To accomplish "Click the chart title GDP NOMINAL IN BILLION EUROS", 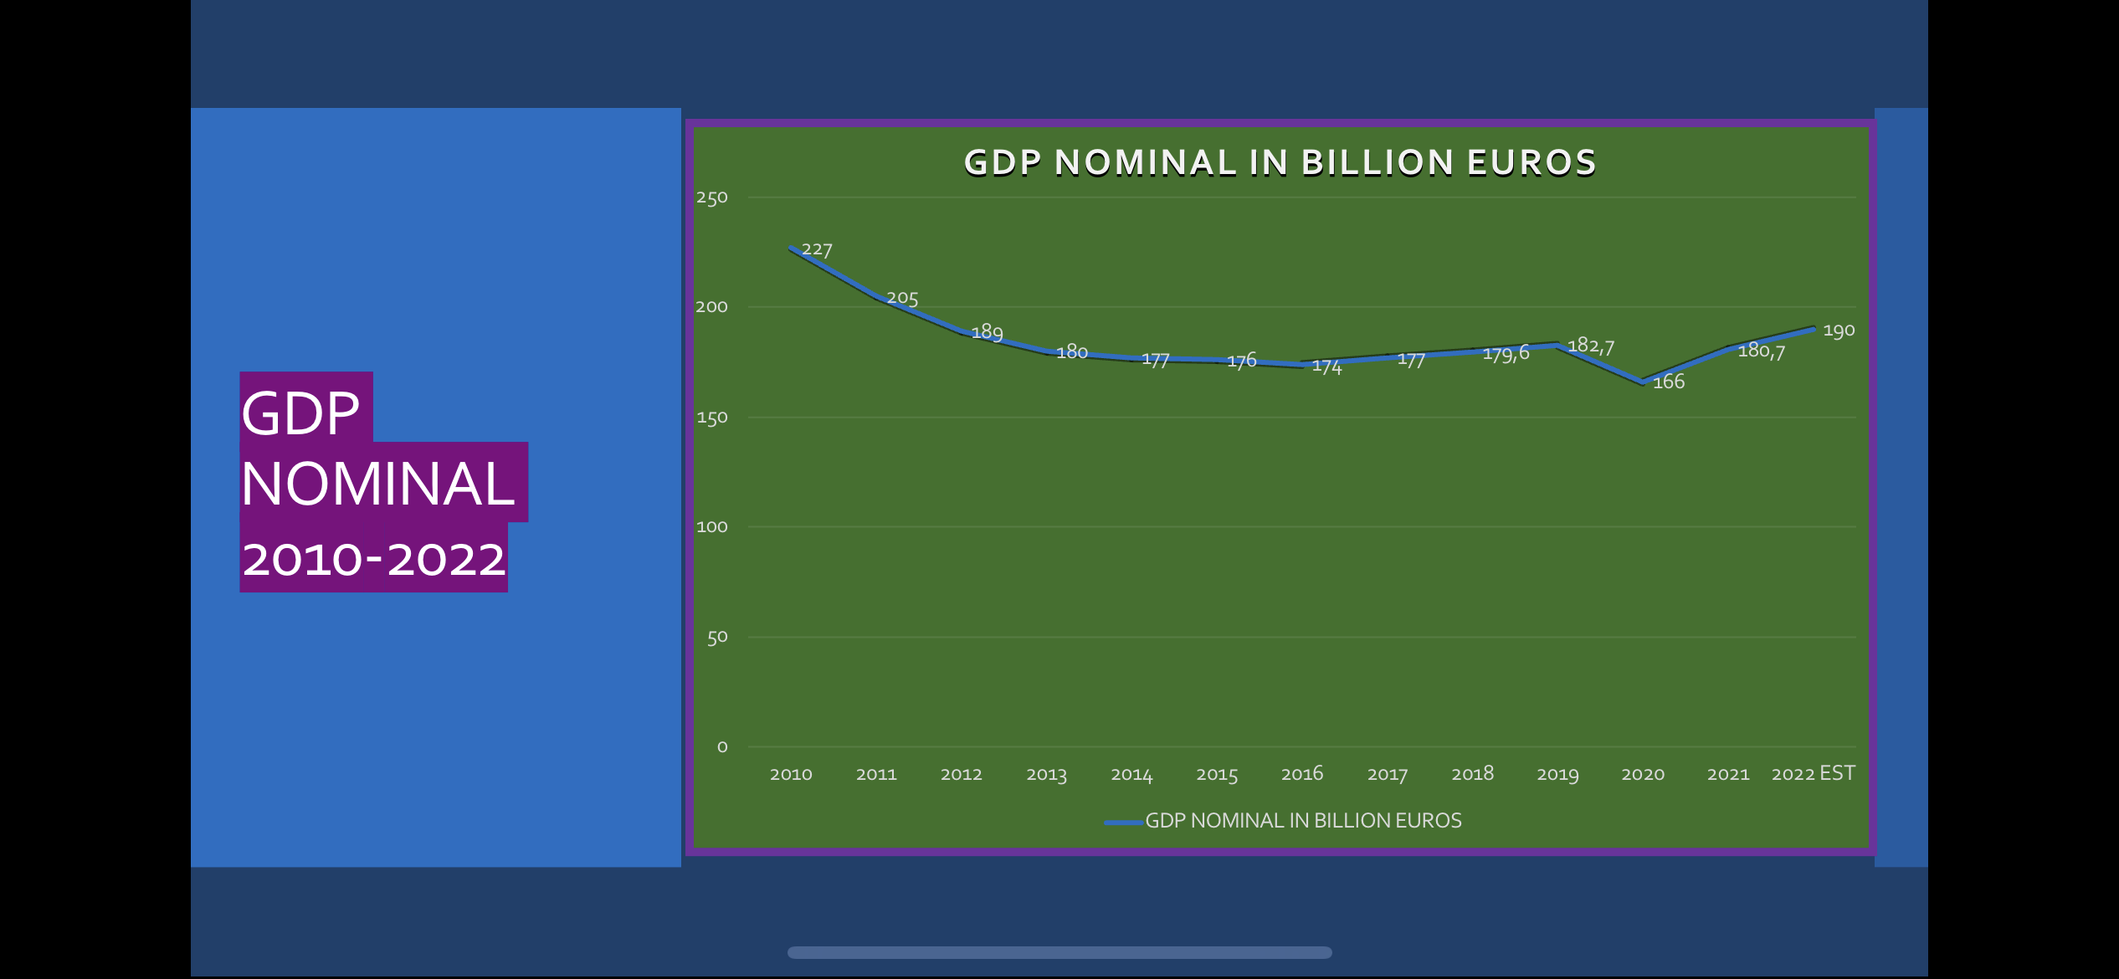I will tap(1280, 162).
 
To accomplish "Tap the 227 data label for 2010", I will tap(817, 249).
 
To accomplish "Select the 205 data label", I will tap(902, 298).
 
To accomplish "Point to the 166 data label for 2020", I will tap(1668, 382).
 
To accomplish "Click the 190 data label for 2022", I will tap(1839, 331).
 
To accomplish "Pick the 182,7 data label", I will tap(1590, 346).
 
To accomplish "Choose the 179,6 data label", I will tap(1506, 354).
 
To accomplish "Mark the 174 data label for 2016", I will tap(1326, 366).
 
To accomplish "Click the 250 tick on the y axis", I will tap(711, 197).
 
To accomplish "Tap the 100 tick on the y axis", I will tap(711, 526).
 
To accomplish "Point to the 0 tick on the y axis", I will tap(722, 746).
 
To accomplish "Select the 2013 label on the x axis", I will tap(1046, 774).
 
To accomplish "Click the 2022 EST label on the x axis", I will tap(1813, 773).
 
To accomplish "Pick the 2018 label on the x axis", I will tap(1472, 773).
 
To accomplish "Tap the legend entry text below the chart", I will tap(1302, 820).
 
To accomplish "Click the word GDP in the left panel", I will tap(300, 413).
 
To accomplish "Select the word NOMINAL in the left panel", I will tap(377, 484).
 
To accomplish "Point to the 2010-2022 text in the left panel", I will tap(374, 559).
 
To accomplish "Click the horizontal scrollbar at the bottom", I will tap(1059, 952).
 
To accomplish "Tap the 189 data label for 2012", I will tap(987, 332).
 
